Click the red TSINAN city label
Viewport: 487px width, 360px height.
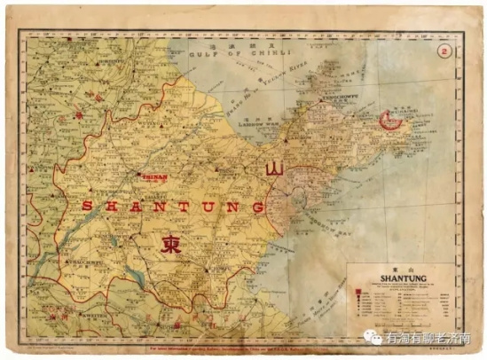pos(153,176)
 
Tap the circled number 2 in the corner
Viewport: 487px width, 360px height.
pos(444,51)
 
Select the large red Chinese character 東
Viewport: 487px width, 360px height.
pos(171,244)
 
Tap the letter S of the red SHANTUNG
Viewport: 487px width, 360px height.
pos(87,206)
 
